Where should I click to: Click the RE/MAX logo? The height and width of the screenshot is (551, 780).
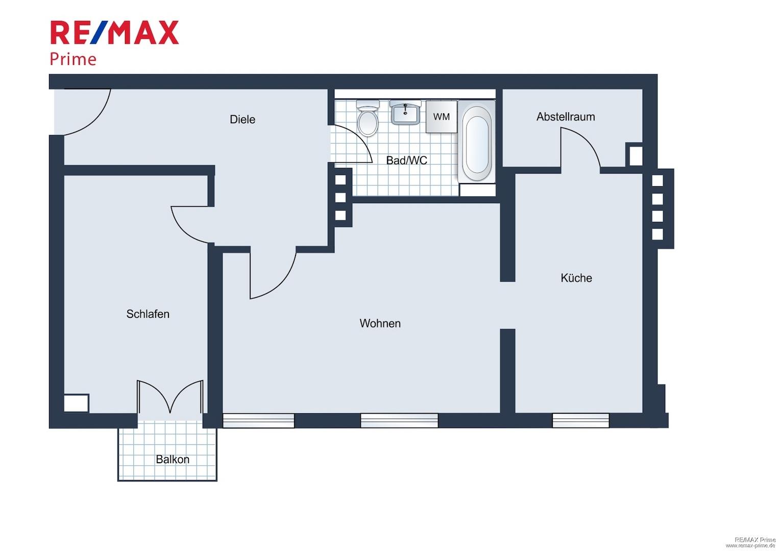coord(114,32)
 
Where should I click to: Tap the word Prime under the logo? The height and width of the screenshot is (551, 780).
coord(73,59)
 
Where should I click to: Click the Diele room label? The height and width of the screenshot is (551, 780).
coord(242,119)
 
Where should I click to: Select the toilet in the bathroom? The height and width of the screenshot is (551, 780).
coord(368,118)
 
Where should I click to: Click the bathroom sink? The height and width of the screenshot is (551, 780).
coord(405,112)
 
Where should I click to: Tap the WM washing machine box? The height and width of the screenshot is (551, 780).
coord(441,117)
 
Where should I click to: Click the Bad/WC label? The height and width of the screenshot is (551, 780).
coord(406,161)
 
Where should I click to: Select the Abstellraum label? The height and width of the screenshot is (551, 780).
coord(566,117)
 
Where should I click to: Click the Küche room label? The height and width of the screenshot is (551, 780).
coord(576,278)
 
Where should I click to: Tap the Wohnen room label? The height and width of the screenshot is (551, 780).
coord(380,323)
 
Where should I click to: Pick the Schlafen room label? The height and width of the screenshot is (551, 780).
coord(148,314)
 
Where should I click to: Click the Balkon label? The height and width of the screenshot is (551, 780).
coord(173,460)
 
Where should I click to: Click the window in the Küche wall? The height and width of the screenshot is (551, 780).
coord(580,420)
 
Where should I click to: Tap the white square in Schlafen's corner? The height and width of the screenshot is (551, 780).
coord(76,403)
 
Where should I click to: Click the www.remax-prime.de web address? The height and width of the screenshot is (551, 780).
coord(752,545)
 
